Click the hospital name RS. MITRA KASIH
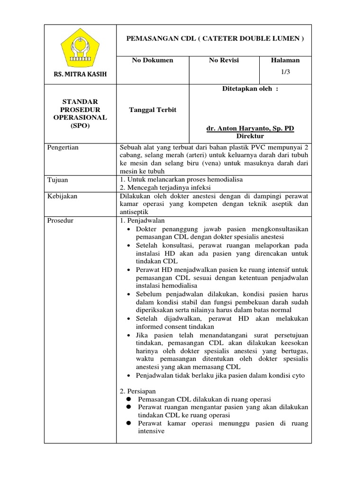pyautogui.click(x=80, y=75)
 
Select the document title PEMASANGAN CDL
pyautogui.click(x=214, y=39)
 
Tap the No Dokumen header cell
pyautogui.click(x=153, y=60)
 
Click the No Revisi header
pyautogui.click(x=224, y=60)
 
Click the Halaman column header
pyautogui.click(x=285, y=60)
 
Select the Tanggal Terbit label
pyautogui.click(x=153, y=110)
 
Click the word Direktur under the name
pyautogui.click(x=250, y=136)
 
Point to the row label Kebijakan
pyautogui.click(x=62, y=196)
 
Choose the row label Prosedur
pyautogui.click(x=61, y=220)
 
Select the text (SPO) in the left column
pyautogui.click(x=80, y=126)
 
